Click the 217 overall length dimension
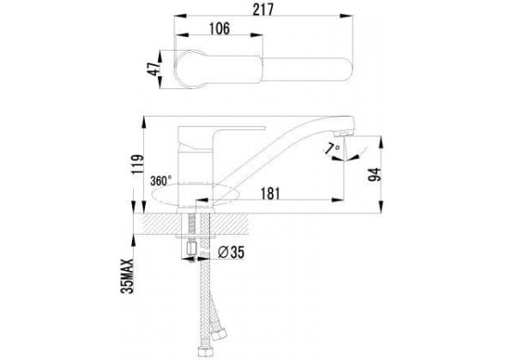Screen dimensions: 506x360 click(x=263, y=9)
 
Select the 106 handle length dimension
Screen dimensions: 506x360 click(x=220, y=28)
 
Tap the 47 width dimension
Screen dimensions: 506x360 click(x=154, y=69)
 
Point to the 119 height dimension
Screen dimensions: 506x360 click(x=137, y=165)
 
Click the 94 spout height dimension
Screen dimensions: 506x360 click(x=375, y=175)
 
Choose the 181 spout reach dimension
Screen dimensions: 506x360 click(x=270, y=194)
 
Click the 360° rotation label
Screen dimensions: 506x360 click(x=160, y=181)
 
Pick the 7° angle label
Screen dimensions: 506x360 click(x=333, y=149)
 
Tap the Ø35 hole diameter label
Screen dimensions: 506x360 click(x=231, y=252)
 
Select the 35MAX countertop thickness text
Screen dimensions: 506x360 click(x=127, y=276)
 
